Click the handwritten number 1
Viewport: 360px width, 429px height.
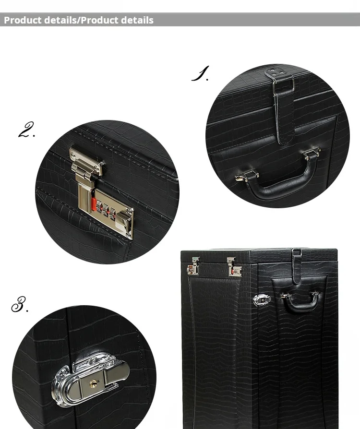point(201,73)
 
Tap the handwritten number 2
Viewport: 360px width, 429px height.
point(26,130)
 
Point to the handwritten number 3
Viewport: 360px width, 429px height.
point(20,304)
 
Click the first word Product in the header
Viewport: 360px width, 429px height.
point(23,20)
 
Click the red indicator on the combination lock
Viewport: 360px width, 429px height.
point(94,204)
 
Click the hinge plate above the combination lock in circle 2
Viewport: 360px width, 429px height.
point(87,161)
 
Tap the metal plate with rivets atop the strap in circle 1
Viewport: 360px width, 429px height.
point(275,73)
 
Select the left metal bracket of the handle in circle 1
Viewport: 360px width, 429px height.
point(246,176)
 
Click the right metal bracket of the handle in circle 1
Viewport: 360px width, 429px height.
point(312,153)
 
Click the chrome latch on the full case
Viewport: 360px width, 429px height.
point(262,300)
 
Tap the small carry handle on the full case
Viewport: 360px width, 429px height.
point(300,300)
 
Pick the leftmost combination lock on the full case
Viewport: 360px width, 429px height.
point(193,266)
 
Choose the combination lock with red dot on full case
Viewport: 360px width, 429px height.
point(234,267)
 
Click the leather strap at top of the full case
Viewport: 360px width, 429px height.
point(297,267)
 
